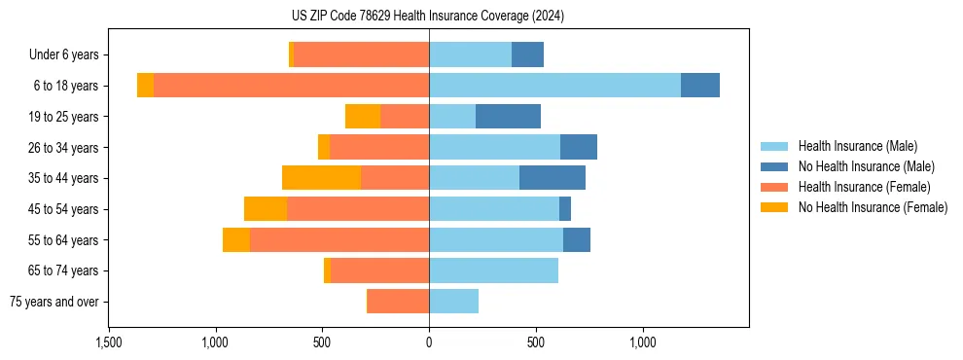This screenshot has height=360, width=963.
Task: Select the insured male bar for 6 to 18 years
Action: (x=554, y=86)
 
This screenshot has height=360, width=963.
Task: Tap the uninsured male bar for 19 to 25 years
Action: (x=508, y=117)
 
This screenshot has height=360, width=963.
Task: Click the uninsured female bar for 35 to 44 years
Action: (x=321, y=178)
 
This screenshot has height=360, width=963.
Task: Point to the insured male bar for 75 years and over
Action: (x=453, y=302)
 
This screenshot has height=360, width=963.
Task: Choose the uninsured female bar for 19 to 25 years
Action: (x=363, y=117)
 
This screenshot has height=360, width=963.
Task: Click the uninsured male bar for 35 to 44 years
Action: (x=553, y=178)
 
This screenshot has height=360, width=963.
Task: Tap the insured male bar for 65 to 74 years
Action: (x=493, y=270)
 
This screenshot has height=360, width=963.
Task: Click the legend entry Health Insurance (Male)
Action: (x=857, y=146)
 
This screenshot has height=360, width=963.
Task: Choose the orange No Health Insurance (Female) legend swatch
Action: (x=774, y=207)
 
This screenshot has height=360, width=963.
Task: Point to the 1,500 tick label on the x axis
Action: (x=108, y=342)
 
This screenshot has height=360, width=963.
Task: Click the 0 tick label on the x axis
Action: (x=429, y=342)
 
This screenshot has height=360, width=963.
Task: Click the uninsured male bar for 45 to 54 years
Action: (x=565, y=209)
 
